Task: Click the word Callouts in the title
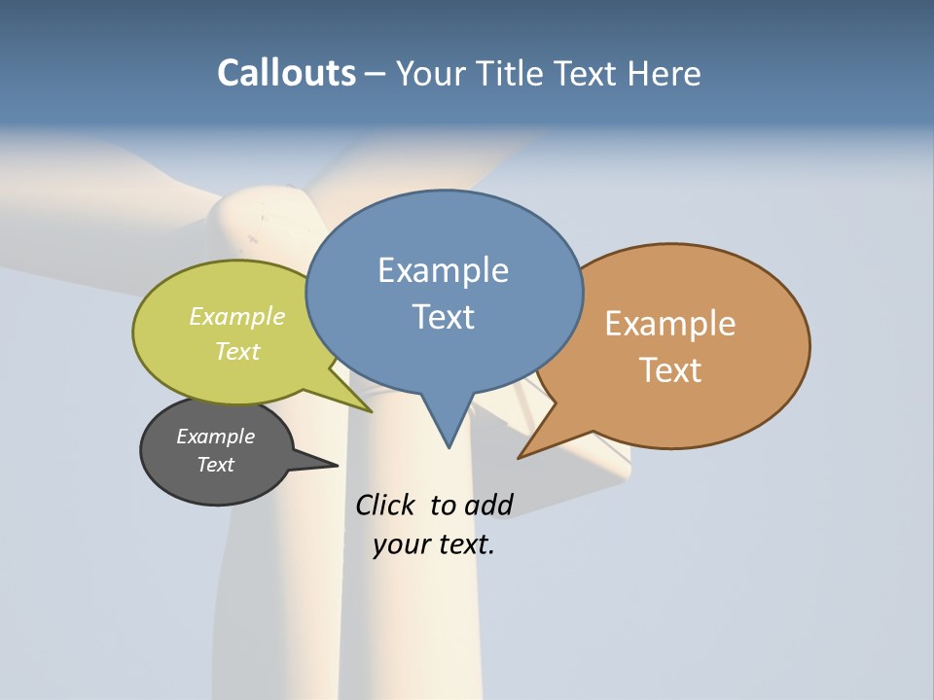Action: tap(286, 73)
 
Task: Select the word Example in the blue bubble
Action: tap(443, 270)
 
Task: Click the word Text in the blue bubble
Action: tap(443, 317)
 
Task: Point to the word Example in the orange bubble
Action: tap(670, 324)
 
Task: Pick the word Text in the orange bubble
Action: tap(670, 370)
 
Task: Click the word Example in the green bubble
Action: tap(237, 316)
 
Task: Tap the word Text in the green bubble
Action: tap(237, 351)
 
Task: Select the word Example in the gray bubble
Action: tap(215, 437)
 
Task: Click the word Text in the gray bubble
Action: tap(215, 465)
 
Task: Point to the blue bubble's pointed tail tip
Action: tap(449, 447)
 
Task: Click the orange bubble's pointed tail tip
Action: tap(519, 457)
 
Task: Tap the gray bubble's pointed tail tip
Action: tap(337, 465)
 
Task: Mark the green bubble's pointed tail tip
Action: tap(372, 412)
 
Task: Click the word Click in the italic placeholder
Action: tap(384, 505)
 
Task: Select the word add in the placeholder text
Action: tap(488, 505)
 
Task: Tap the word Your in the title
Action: tap(429, 73)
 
